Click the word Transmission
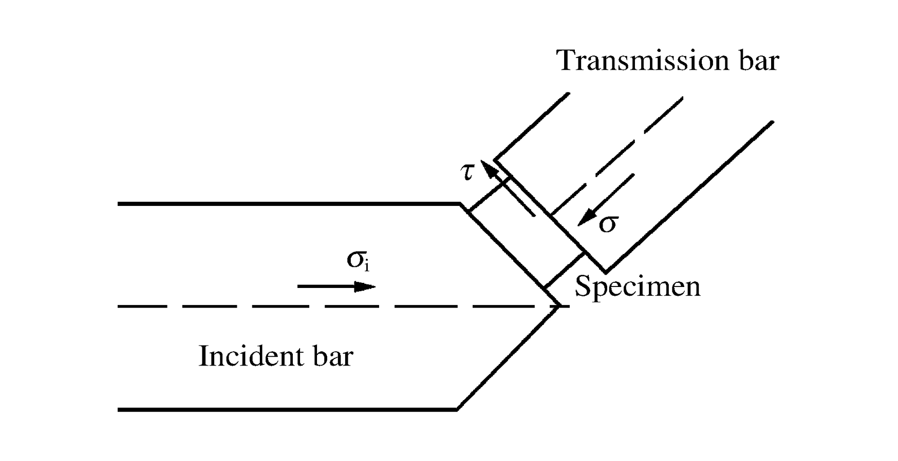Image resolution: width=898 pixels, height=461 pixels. tap(643, 61)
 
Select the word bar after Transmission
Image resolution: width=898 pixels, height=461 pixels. tap(758, 61)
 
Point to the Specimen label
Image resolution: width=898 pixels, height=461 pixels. tap(637, 286)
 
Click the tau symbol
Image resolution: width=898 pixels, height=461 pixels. tap(467, 171)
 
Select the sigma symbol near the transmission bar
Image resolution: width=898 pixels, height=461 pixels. tap(608, 223)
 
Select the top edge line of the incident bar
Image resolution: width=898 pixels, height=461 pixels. tap(288, 204)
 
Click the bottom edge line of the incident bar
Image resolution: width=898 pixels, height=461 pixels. tap(288, 410)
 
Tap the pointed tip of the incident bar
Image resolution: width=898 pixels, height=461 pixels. tap(559, 306)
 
